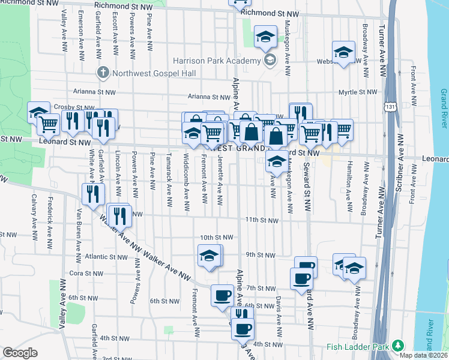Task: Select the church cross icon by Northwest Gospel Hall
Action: (x=103, y=73)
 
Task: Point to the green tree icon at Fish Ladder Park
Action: (x=397, y=346)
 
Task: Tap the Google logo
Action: (x=20, y=353)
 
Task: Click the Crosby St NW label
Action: (x=71, y=107)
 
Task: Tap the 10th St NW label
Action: (x=215, y=237)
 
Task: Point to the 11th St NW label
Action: (x=262, y=220)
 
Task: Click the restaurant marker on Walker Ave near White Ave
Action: (x=93, y=194)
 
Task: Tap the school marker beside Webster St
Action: (x=344, y=53)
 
